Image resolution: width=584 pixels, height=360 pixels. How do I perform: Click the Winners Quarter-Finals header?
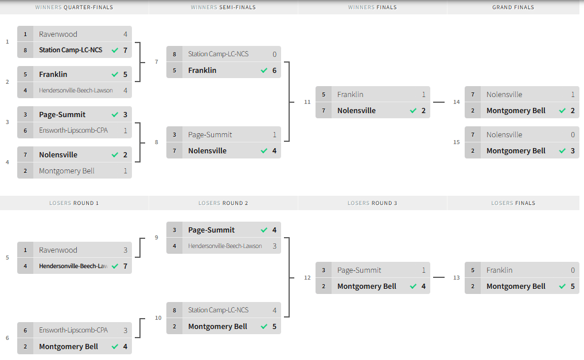point(74,7)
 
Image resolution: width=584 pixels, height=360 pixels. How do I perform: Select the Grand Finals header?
point(513,7)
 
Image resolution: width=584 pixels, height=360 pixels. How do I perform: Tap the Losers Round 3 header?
point(372,203)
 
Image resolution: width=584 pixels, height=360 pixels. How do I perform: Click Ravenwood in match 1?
point(58,34)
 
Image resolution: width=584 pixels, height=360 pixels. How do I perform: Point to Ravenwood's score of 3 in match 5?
point(125,250)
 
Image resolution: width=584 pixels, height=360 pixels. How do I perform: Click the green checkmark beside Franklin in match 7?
point(264,71)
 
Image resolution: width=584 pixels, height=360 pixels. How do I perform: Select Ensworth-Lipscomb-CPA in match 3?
point(73,130)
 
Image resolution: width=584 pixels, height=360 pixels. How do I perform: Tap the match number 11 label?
point(307,102)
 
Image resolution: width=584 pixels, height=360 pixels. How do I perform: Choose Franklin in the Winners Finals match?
point(350,95)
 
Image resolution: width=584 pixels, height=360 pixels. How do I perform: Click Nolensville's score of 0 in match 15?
point(573,135)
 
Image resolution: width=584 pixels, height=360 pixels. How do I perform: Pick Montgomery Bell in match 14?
point(516,111)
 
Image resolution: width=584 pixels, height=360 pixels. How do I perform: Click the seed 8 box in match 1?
point(25,51)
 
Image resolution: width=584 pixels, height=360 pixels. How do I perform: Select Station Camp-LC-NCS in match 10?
point(218,311)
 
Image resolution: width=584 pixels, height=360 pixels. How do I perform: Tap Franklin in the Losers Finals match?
point(499,270)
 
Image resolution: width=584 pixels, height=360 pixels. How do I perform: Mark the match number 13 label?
point(457,278)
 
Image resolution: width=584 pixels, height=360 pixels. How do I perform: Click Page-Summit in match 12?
point(359,270)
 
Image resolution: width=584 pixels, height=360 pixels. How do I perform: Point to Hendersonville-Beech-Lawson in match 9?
point(225,246)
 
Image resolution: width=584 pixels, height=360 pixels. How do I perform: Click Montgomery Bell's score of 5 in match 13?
point(573,287)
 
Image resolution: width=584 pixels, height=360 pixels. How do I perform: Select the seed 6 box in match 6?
point(25,331)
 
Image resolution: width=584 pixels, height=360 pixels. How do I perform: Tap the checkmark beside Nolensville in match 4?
point(115,155)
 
